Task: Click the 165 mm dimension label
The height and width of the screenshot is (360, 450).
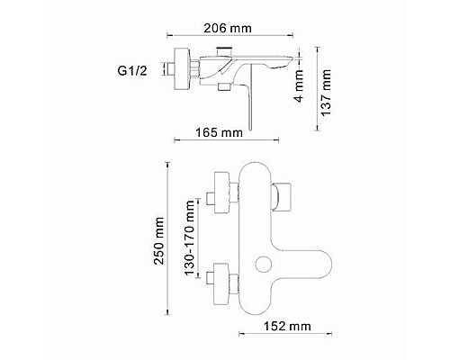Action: pos(220,133)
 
